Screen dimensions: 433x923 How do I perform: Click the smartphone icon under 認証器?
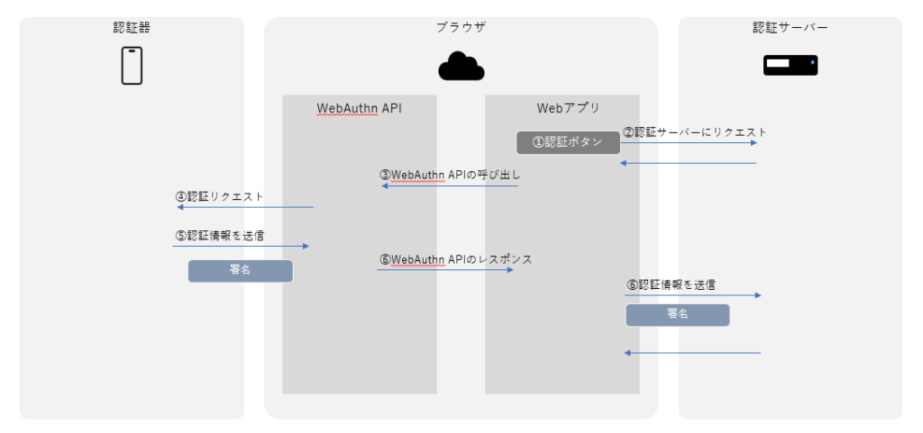(x=133, y=65)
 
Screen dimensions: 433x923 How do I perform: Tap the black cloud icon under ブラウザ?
(x=461, y=67)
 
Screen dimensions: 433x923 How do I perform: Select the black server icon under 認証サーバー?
(x=790, y=65)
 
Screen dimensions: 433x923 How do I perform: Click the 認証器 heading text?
(x=132, y=28)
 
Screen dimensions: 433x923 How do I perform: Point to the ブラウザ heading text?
(x=461, y=28)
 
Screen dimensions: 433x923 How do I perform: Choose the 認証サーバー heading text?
(x=790, y=28)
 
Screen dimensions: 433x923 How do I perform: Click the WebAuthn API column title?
(x=359, y=109)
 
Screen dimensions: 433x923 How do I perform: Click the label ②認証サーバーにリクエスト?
(x=695, y=132)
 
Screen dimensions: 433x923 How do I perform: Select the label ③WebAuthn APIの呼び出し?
(x=450, y=175)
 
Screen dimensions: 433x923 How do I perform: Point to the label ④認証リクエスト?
(x=219, y=195)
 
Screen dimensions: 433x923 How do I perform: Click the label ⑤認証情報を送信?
(x=219, y=236)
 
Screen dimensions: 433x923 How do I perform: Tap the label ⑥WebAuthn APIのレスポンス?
(x=455, y=259)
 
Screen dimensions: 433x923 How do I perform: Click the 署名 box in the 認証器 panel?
(x=241, y=271)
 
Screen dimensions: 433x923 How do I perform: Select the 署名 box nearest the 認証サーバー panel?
(x=678, y=314)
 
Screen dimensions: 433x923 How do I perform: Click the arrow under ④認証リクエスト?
(x=244, y=208)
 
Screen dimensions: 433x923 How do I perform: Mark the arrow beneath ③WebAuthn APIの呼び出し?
(x=450, y=186)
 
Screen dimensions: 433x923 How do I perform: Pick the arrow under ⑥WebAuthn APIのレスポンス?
(x=445, y=270)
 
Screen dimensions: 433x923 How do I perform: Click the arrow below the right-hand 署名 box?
(x=692, y=353)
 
